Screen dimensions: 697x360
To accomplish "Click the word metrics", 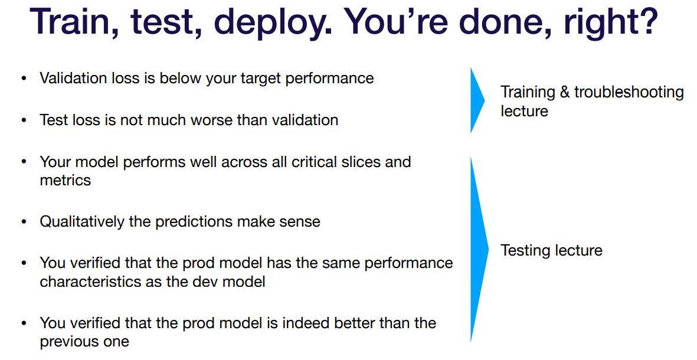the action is (66, 181).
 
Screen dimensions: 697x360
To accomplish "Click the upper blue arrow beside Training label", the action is (477, 100).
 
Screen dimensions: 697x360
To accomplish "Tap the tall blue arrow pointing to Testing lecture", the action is (479, 249).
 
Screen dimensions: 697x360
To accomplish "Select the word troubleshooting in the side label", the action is (629, 93).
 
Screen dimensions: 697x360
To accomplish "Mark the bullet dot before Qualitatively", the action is (24, 222).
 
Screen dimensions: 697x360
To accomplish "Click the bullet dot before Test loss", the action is (24, 120).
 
